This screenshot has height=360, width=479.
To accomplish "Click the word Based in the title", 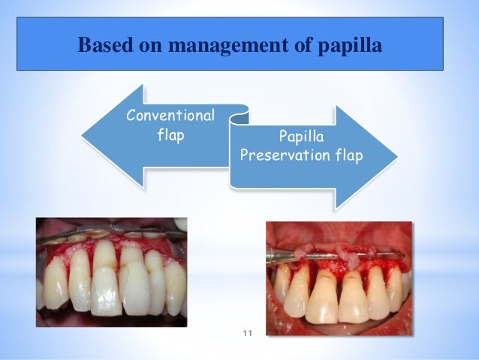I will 103,47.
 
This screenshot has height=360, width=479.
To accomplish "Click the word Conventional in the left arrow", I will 170,116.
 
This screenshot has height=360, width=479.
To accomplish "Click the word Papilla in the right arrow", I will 299,138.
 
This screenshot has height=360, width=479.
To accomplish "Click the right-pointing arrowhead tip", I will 396,157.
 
